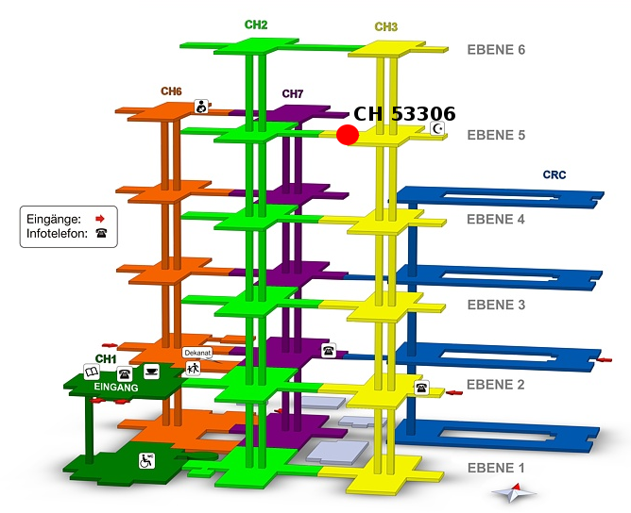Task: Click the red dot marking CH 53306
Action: click(x=348, y=135)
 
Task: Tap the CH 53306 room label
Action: click(x=404, y=114)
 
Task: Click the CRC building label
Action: click(x=554, y=175)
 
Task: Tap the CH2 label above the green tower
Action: click(x=256, y=25)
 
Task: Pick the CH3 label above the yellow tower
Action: click(x=385, y=27)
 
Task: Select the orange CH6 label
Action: click(x=171, y=91)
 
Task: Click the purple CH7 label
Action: click(x=293, y=94)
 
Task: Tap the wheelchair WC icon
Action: click(x=148, y=460)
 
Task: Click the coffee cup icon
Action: click(x=151, y=371)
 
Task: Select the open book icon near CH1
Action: click(x=92, y=372)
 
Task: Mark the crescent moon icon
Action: click(x=437, y=128)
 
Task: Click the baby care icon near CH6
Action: click(x=202, y=107)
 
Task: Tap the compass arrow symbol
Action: click(x=513, y=491)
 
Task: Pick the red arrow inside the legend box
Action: click(x=100, y=218)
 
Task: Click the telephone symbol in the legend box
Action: click(x=100, y=233)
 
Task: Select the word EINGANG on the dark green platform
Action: click(x=116, y=388)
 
